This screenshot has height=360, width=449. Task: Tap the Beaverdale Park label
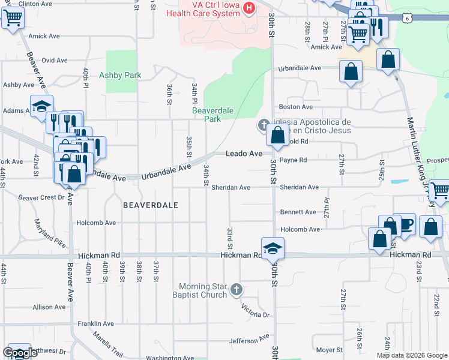(x=206, y=115)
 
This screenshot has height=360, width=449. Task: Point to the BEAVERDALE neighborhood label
(x=150, y=205)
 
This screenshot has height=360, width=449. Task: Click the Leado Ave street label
(x=244, y=154)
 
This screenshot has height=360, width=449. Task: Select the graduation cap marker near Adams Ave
(x=42, y=106)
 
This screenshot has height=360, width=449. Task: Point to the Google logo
(x=20, y=353)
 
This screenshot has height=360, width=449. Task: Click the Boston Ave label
(x=296, y=107)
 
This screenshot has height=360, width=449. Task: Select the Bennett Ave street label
(x=298, y=212)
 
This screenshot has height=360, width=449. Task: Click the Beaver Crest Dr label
(x=41, y=197)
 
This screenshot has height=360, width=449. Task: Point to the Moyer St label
(x=329, y=350)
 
